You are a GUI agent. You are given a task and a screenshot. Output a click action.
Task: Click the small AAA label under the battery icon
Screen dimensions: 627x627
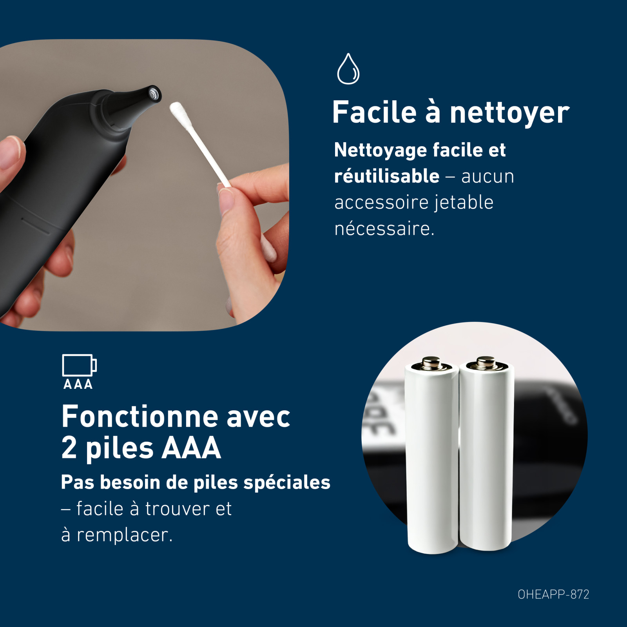tap(78, 384)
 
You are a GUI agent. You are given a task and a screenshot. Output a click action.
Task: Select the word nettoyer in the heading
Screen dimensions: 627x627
tap(509, 112)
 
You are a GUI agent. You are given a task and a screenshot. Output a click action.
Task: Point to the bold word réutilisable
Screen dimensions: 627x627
tap(387, 176)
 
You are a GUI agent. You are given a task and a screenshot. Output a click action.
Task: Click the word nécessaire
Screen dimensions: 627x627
tap(384, 228)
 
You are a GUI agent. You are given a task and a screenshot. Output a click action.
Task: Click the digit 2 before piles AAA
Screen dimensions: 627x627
tap(69, 448)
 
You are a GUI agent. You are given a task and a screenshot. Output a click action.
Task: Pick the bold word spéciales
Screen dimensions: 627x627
tap(287, 482)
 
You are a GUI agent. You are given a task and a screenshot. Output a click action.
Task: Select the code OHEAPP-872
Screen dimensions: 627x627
tap(553, 594)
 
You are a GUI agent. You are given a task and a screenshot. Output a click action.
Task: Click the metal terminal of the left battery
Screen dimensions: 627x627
tap(432, 362)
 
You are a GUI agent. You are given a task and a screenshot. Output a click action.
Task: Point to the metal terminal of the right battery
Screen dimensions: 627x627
tap(487, 362)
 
